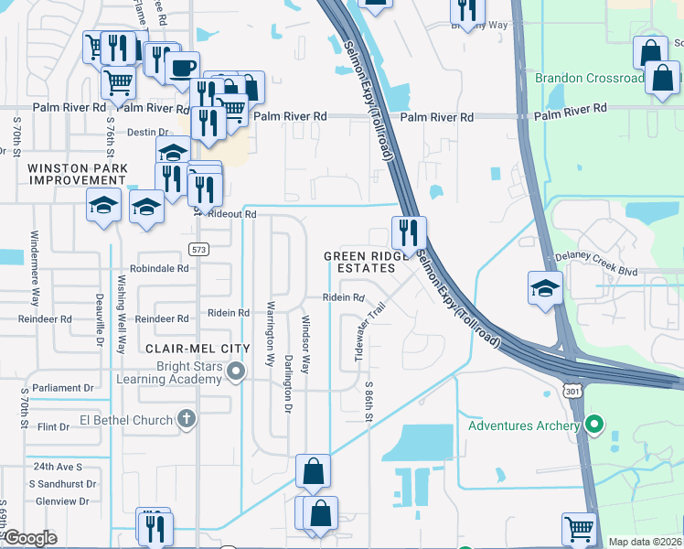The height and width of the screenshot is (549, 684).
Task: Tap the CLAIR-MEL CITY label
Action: point(198,349)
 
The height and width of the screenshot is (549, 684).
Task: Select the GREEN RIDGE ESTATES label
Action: point(366,262)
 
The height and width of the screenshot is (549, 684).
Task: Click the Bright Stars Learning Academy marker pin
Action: point(237,371)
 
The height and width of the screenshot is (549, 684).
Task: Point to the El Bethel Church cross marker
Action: point(186,420)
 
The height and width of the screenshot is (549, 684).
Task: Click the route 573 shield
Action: point(198,249)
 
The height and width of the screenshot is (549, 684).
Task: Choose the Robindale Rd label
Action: point(158,269)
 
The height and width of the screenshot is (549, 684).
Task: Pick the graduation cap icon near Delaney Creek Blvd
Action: point(546,287)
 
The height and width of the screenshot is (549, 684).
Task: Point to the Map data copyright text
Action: point(645,542)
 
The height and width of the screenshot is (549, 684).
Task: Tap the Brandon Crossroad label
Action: point(589,79)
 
